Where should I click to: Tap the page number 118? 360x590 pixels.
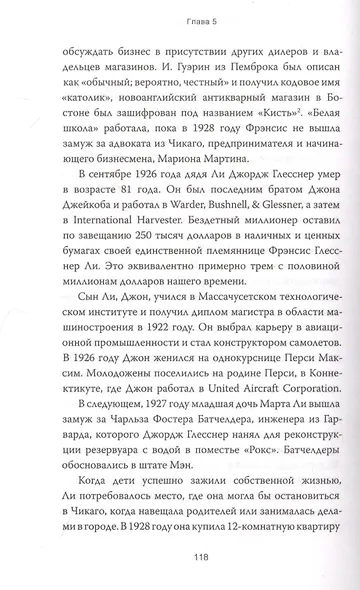coord(180,562)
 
